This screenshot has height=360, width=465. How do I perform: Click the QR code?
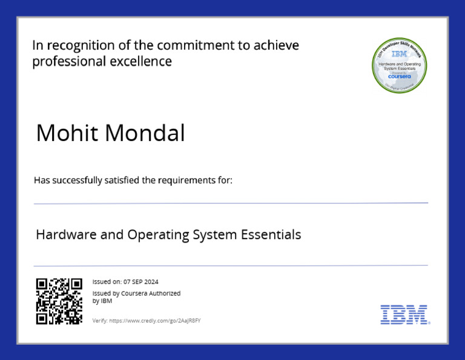click(59, 301)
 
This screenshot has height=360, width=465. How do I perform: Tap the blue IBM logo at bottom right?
click(404, 315)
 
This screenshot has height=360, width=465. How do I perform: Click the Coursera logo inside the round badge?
click(399, 77)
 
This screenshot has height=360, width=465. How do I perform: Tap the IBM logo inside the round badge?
click(399, 54)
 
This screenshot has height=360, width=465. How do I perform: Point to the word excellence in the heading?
click(141, 61)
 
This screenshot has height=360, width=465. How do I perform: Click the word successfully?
click(78, 180)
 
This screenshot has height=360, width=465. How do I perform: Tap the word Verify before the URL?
click(99, 320)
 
